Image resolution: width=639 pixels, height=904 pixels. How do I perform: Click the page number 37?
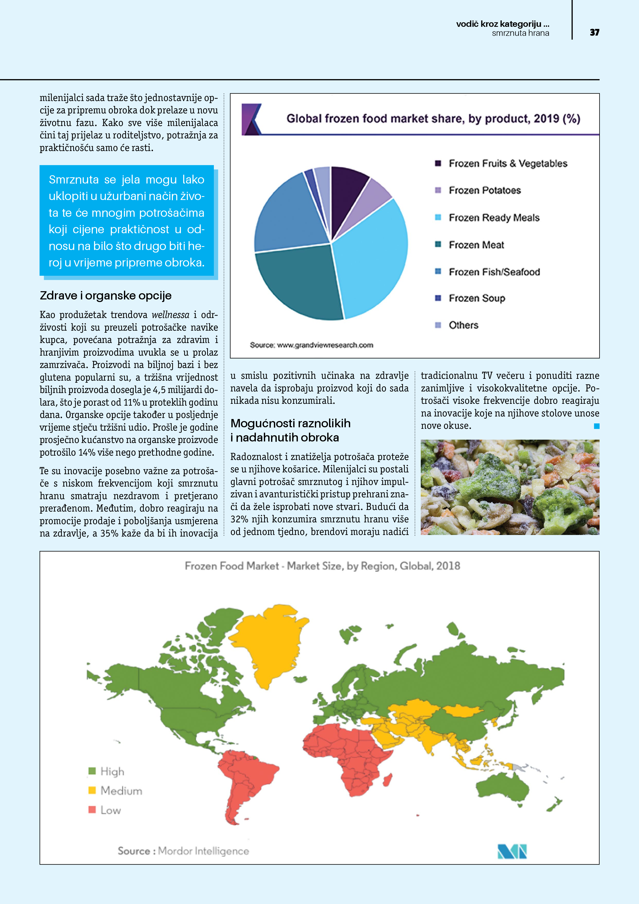tap(594, 32)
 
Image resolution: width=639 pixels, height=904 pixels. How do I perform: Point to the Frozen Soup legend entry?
tap(476, 298)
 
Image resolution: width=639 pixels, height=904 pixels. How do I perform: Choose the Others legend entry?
tap(463, 325)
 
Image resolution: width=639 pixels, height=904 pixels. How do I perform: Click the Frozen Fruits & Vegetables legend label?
tap(508, 163)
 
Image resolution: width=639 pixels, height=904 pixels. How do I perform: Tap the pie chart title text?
tap(433, 119)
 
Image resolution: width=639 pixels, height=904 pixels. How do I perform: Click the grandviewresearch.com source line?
tap(312, 345)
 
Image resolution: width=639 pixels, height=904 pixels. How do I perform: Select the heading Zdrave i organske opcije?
tap(106, 295)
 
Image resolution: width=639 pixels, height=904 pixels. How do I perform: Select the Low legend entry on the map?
tap(110, 810)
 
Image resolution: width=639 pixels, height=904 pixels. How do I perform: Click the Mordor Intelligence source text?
tap(183, 851)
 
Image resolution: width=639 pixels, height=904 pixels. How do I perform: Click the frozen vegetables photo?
tap(510, 487)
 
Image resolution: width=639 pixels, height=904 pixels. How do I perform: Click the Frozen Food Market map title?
tap(322, 566)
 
